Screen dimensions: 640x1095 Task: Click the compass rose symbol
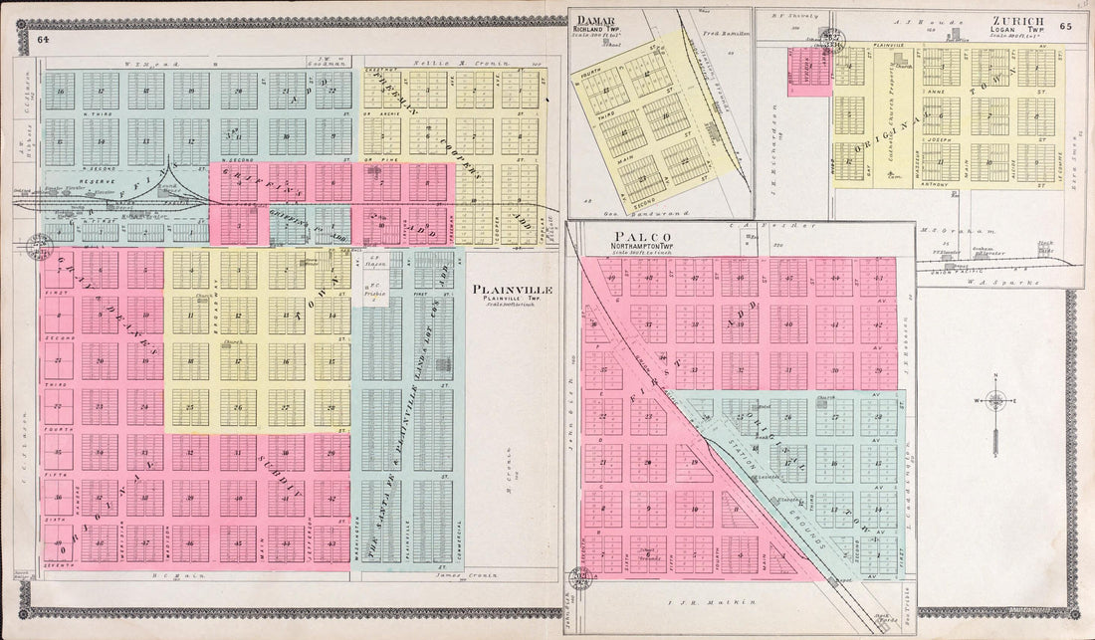click(x=995, y=402)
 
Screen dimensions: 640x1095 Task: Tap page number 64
click(x=43, y=40)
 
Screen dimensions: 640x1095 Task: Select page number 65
click(x=1066, y=27)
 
